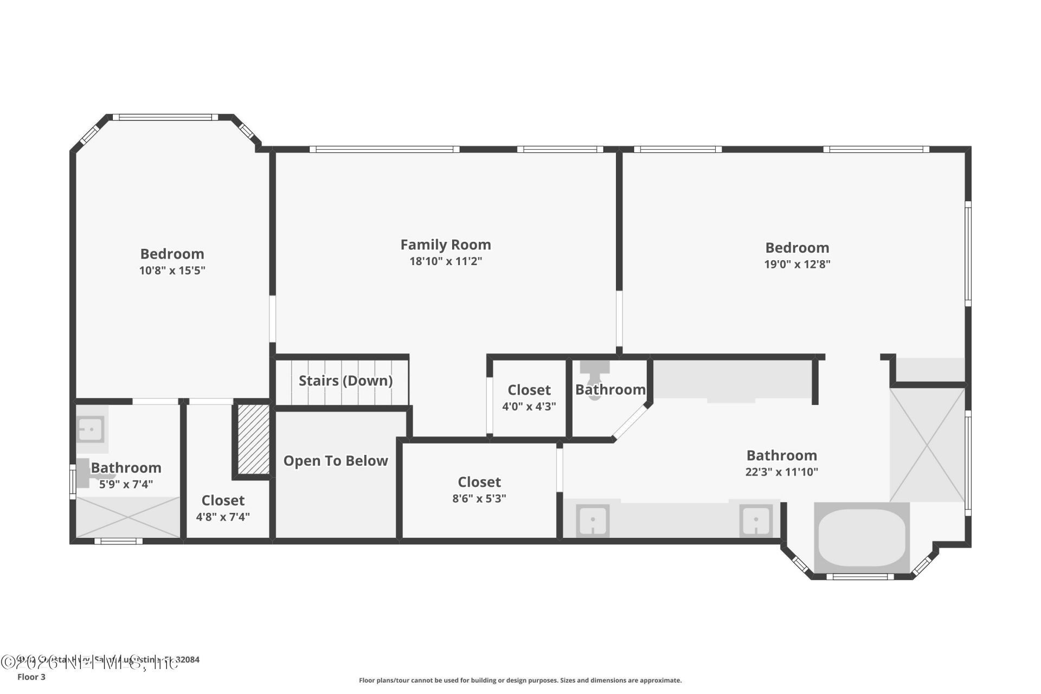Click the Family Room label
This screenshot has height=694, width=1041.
(445, 245)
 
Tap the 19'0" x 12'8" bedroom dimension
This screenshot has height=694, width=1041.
(797, 265)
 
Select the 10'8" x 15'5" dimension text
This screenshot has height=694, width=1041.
(172, 271)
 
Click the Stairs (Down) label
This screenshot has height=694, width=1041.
(345, 381)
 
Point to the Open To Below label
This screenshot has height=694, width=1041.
(336, 461)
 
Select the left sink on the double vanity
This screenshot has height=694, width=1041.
(593, 520)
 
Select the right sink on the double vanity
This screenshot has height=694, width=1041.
(756, 520)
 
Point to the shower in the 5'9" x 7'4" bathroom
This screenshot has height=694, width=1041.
(128, 517)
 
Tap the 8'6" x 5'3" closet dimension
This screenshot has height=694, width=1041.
(479, 499)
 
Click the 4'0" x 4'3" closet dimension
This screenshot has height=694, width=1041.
(529, 407)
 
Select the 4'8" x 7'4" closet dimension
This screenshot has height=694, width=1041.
(223, 517)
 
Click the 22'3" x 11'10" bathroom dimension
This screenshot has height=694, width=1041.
(781, 472)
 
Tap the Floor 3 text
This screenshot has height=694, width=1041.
(31, 677)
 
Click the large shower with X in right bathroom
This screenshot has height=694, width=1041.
(928, 445)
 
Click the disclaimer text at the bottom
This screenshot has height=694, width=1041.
(520, 680)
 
